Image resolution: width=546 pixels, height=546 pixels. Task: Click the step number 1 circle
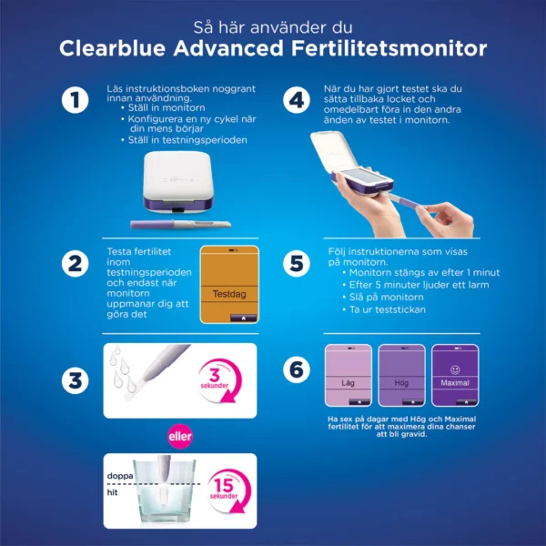click(74, 101)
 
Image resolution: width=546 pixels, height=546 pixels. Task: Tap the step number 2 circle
click(74, 263)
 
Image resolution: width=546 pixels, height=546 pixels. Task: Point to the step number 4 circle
click(295, 101)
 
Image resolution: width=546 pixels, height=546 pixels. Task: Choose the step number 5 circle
click(295, 263)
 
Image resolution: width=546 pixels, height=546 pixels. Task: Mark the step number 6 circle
click(295, 370)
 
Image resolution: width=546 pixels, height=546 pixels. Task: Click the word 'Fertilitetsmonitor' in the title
click(369, 47)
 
